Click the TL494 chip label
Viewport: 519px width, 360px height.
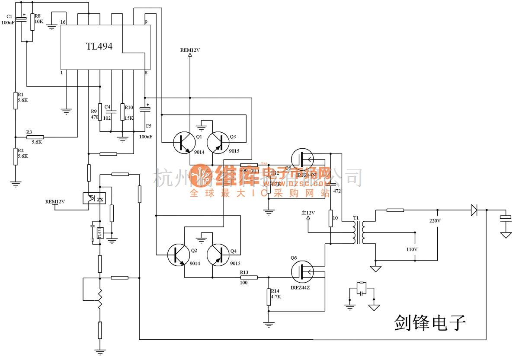99,46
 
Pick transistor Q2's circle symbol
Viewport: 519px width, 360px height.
179,255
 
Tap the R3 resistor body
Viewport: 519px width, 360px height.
35,137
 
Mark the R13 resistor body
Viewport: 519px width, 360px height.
249,277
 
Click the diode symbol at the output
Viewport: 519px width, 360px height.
474,210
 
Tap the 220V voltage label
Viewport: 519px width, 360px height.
434,220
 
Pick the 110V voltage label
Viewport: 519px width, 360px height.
412,249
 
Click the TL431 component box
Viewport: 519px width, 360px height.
99,233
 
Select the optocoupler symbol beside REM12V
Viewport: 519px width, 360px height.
94,198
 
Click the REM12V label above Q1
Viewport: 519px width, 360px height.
190,50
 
